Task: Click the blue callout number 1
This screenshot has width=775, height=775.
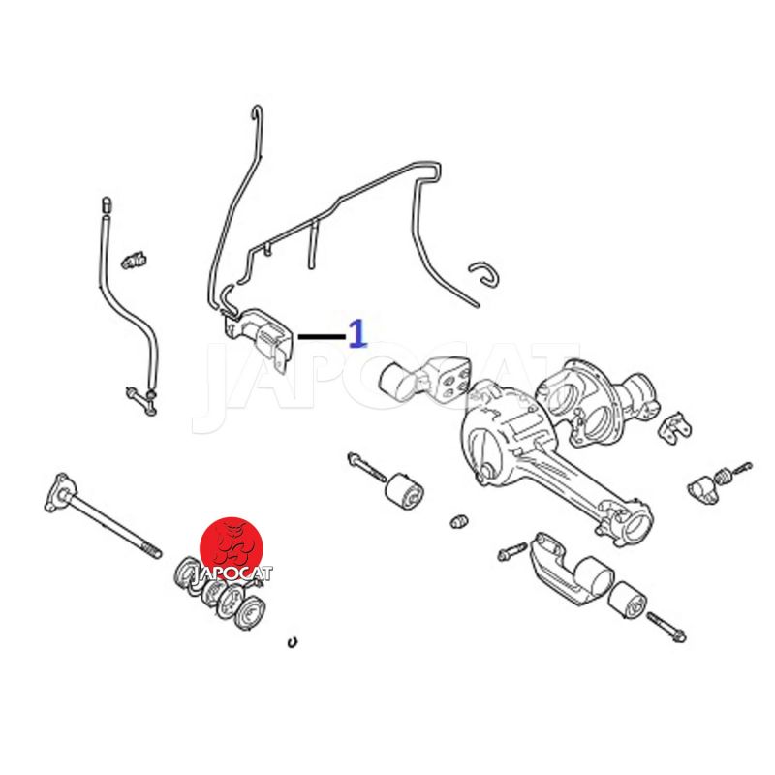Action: click(357, 333)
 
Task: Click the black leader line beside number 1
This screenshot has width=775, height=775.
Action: click(322, 337)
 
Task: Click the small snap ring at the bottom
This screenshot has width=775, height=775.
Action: click(293, 642)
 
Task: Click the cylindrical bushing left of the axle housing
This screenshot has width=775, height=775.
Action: click(403, 493)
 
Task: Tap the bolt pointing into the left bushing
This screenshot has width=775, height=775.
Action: click(367, 467)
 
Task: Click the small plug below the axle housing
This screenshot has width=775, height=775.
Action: click(459, 521)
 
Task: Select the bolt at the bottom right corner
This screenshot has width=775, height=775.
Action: click(666, 627)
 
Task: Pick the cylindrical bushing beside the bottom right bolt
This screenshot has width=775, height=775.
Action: click(626, 602)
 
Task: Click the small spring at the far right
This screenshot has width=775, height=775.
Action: click(722, 477)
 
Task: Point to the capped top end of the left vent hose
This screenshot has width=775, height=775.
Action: click(107, 205)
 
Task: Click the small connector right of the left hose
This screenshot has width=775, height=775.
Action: click(135, 260)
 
